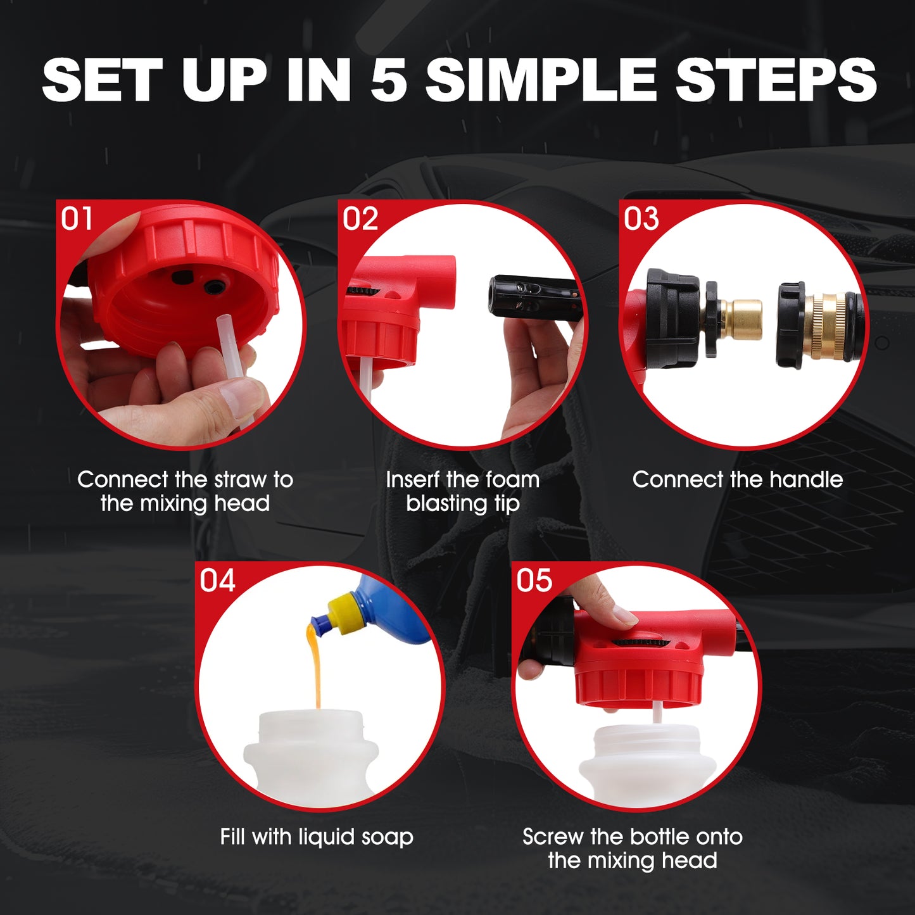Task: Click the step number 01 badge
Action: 77,219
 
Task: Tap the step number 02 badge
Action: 360,219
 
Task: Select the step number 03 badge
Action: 641,219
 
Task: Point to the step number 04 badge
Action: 217,580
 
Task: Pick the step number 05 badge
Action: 534,580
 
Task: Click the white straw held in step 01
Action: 232,370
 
